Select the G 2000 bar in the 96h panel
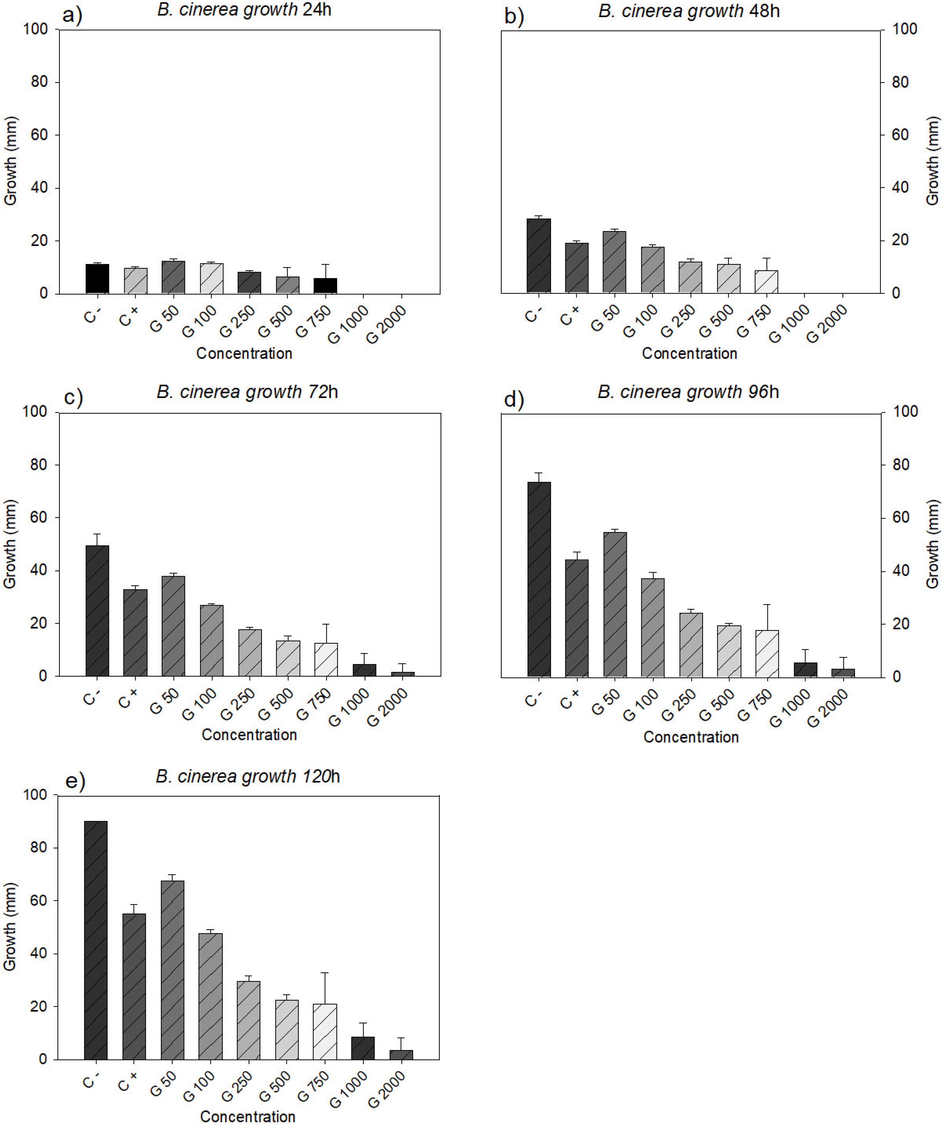coord(843,672)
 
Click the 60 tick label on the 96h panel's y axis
coord(905,517)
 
